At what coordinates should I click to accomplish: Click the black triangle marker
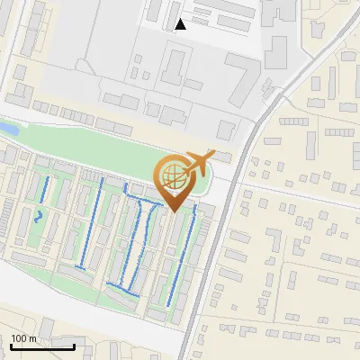(181, 24)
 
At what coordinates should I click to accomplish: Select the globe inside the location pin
(172, 175)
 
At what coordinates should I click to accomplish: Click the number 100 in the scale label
(20, 339)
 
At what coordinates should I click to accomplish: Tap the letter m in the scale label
(34, 339)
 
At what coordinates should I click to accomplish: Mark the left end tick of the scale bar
(12, 346)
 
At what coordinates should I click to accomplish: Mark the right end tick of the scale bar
(74, 346)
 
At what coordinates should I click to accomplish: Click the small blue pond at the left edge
(4, 130)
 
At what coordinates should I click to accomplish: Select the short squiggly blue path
(38, 216)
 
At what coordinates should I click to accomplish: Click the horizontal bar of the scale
(42, 347)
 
